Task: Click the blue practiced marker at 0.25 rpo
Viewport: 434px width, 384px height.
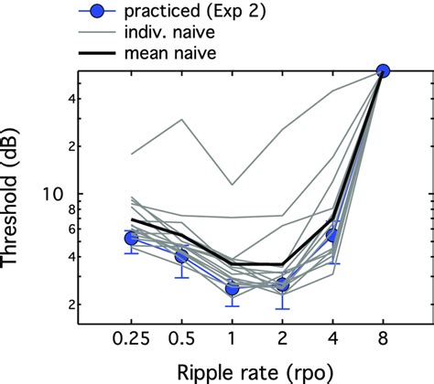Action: (x=132, y=238)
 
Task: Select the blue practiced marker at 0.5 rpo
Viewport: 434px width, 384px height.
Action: (x=182, y=257)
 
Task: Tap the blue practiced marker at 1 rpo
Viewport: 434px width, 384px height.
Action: (x=233, y=289)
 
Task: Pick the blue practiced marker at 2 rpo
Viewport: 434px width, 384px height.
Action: (x=283, y=284)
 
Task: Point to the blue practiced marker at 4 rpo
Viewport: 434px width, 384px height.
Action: (x=333, y=235)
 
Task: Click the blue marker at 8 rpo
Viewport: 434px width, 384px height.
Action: (x=384, y=70)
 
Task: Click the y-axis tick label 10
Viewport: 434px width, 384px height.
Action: (x=58, y=194)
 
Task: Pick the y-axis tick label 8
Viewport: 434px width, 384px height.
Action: (x=62, y=209)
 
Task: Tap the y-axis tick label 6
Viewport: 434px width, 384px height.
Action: (x=62, y=229)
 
